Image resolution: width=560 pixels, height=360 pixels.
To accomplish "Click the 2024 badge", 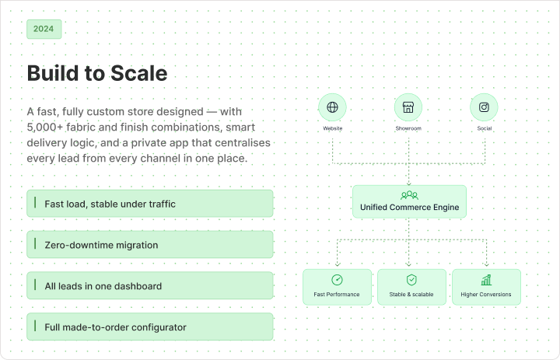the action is click(44, 29).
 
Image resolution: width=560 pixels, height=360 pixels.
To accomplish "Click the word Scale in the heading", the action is click(139, 73).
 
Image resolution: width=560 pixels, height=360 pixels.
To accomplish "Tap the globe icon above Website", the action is click(333, 107).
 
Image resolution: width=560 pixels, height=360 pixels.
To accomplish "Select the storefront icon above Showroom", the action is click(408, 107).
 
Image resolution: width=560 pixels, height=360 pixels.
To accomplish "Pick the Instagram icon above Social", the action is click(484, 107).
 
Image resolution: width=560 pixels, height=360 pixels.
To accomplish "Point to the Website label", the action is click(333, 128).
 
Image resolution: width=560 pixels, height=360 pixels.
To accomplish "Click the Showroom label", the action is click(408, 128).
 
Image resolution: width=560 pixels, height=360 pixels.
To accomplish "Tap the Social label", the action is click(485, 128).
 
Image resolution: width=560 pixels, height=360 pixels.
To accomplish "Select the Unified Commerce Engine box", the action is click(409, 201).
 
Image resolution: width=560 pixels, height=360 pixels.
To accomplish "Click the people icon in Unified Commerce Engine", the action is click(409, 195).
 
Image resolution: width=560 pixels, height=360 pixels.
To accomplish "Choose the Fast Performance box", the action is click(337, 287).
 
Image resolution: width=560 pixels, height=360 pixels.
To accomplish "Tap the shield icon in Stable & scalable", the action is click(411, 280).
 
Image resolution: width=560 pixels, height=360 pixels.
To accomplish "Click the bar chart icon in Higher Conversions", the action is click(486, 280).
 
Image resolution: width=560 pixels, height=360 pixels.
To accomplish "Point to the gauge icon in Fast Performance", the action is click(337, 280).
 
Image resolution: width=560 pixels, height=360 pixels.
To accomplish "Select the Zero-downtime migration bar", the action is click(150, 245).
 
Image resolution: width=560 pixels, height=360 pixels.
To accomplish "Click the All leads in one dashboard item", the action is click(150, 285).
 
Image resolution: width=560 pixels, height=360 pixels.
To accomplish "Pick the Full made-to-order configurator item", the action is click(150, 327).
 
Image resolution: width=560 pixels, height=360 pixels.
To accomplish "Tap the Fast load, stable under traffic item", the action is click(150, 204).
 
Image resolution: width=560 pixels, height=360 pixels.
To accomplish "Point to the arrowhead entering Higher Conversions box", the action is click(486, 264).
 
